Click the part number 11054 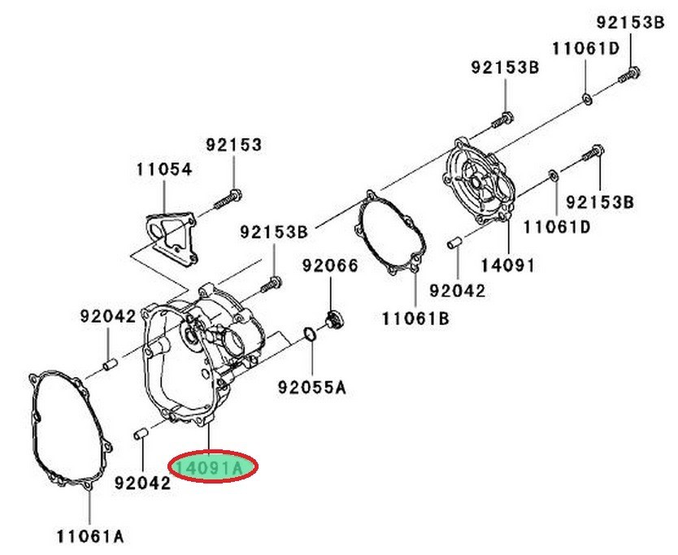click(x=164, y=171)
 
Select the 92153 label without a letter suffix click(x=233, y=145)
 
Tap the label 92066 click(x=330, y=265)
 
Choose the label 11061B click(x=415, y=319)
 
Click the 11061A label click(x=90, y=535)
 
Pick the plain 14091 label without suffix click(x=506, y=264)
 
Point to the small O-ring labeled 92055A click(x=310, y=334)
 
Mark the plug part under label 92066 click(x=332, y=320)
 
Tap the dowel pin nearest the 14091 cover click(x=456, y=241)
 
